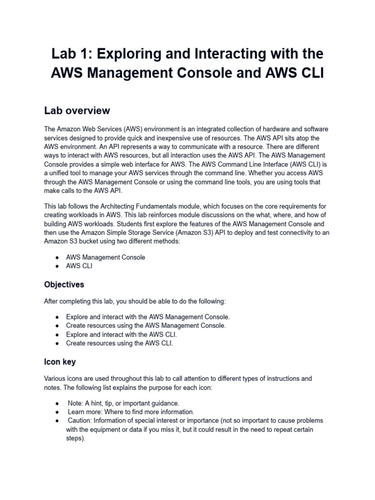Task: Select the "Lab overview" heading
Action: (x=77, y=110)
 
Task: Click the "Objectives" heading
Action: (x=64, y=284)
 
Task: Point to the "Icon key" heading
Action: (x=60, y=362)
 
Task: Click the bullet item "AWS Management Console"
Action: (x=105, y=257)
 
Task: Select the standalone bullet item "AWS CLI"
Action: (x=79, y=266)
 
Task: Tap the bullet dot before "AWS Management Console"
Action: (x=58, y=257)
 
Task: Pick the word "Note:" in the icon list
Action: (x=76, y=403)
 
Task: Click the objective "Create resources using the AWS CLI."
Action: (x=120, y=343)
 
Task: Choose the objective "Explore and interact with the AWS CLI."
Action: (x=122, y=334)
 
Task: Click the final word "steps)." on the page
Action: (x=76, y=438)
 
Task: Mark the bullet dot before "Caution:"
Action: (x=58, y=420)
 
